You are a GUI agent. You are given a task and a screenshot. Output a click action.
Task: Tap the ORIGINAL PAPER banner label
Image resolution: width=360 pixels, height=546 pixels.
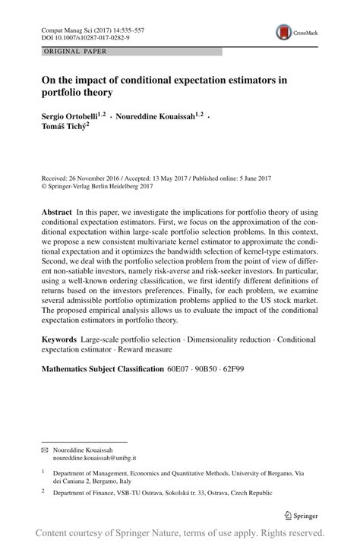[x=74, y=52]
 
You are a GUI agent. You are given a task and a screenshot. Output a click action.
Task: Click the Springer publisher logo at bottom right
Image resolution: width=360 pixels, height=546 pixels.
[x=302, y=515]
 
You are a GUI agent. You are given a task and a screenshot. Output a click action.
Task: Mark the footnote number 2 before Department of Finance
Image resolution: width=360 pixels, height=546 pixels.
[x=44, y=492]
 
